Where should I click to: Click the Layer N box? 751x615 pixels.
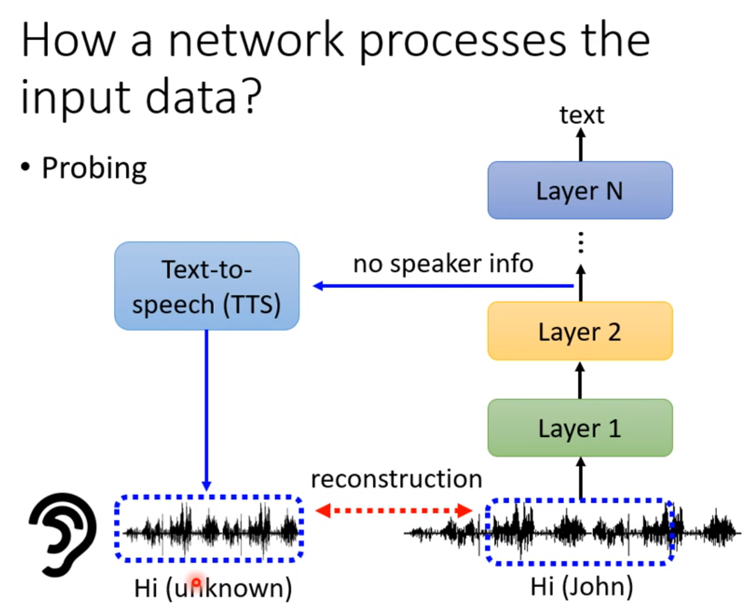point(580,190)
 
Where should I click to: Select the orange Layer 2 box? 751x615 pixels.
point(580,331)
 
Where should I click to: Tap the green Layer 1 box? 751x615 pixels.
point(580,428)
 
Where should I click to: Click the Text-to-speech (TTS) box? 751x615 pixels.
point(207,286)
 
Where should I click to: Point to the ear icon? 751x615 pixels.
point(63,534)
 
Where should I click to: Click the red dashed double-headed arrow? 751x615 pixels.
point(394,510)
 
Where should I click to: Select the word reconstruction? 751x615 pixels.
point(396,479)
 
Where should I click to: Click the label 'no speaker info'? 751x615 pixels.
point(443,264)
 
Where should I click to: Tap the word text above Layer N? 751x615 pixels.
point(581,115)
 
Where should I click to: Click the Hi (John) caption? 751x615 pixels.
point(581,587)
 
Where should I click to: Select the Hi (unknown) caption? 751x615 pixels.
point(213,588)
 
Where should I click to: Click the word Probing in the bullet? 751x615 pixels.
point(94,168)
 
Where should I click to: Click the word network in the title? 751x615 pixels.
point(256,41)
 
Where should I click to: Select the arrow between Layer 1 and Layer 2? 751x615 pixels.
point(580,380)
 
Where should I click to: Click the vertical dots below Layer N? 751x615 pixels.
point(581,242)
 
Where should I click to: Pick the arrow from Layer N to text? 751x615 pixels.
point(581,146)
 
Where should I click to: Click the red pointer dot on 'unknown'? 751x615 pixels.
point(196,582)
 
